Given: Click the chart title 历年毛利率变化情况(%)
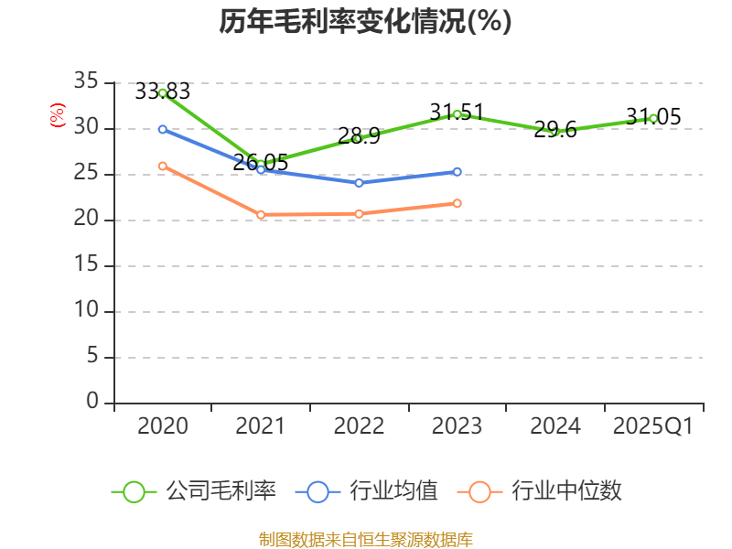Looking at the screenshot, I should tap(365, 21).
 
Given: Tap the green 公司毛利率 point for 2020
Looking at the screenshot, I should tap(163, 92).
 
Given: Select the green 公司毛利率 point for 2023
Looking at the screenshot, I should tap(457, 113).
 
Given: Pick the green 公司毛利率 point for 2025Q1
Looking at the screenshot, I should tap(653, 118).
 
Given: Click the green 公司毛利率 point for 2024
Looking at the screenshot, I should tap(554, 132).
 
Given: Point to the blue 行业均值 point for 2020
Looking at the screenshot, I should tap(163, 129).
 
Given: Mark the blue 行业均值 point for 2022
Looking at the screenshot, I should tap(359, 183).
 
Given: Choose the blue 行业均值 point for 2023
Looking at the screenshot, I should tap(457, 171).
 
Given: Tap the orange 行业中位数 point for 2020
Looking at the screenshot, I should tap(163, 166).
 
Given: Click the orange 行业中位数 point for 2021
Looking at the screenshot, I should tap(261, 215).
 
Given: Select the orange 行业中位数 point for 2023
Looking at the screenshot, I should tap(457, 203).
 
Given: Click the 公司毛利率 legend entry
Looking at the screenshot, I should tap(194, 491).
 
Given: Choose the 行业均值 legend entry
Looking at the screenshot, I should tap(367, 491).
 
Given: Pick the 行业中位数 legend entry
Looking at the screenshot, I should tap(545, 491).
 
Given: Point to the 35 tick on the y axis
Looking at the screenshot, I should tap(86, 82).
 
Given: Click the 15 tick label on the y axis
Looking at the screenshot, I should tap(86, 265).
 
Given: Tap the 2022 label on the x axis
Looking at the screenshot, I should tap(359, 426).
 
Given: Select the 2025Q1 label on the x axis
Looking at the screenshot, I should tap(653, 426).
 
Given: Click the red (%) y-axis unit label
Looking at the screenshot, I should tap(58, 116).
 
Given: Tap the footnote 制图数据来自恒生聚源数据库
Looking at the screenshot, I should tap(365, 539).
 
